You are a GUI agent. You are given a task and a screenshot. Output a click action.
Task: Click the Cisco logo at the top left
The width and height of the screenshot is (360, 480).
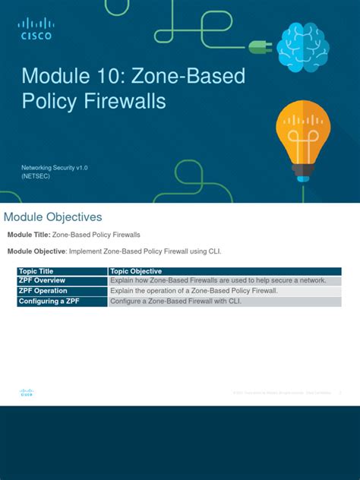[x=36, y=30]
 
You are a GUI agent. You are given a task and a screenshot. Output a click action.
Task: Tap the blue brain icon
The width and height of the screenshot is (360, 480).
[x=302, y=46]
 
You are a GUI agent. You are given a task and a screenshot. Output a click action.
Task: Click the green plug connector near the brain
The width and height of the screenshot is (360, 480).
[x=261, y=47]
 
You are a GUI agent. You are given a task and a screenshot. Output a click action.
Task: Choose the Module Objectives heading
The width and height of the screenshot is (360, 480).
[x=52, y=217]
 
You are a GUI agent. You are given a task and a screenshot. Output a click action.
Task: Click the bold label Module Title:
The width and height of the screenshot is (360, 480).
[x=28, y=235]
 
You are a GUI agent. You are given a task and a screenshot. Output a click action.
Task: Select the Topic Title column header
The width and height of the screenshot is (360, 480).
[x=36, y=271]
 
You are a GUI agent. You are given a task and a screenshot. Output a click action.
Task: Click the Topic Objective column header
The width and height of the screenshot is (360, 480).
[x=136, y=271]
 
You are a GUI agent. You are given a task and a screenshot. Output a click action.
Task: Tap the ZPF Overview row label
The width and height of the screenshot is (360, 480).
[x=42, y=280]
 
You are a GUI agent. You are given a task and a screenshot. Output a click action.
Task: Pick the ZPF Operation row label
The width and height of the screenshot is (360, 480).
[x=43, y=291]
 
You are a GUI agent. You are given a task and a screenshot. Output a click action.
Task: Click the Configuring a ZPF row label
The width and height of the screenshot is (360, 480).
[x=49, y=302]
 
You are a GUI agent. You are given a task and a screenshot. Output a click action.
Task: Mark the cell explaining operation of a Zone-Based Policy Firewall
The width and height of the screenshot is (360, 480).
[x=194, y=291]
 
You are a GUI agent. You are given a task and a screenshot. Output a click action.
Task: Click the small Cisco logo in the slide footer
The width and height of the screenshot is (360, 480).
[x=27, y=393]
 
